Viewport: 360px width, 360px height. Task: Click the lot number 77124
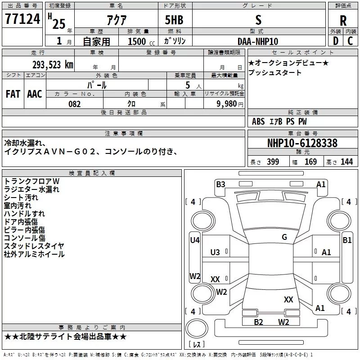point(22,19)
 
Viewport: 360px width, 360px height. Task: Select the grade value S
point(258,20)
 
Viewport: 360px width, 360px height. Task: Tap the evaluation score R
point(343,21)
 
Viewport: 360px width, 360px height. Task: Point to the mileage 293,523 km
point(53,65)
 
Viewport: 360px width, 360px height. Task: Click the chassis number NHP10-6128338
point(302,143)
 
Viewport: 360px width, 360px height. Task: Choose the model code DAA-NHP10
point(258,41)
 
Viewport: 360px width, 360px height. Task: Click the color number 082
point(75,104)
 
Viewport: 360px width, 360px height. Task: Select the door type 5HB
point(174,20)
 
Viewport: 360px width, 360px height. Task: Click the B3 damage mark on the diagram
point(220,184)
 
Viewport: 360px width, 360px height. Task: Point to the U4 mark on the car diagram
point(195,240)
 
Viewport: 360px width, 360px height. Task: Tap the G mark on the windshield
point(284,237)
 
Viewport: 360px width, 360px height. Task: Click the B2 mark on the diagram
point(258,322)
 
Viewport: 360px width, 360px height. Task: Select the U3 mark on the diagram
point(215,252)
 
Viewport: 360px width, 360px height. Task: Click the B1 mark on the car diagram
point(347,240)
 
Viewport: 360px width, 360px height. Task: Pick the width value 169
point(310,162)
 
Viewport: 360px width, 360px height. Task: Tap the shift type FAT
point(13,94)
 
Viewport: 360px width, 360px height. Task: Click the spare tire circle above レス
point(197,328)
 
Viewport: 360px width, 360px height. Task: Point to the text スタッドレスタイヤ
point(34,246)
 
